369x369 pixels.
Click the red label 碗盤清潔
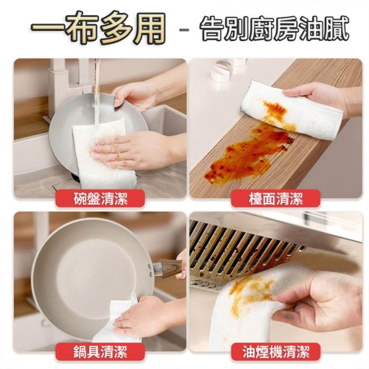(x=100, y=199)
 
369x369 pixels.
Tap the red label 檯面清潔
(x=276, y=199)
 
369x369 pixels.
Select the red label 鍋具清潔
(x=100, y=352)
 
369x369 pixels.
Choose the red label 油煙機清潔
(x=276, y=352)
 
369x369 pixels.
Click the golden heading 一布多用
(x=98, y=28)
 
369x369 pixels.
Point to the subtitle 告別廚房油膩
(x=274, y=29)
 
